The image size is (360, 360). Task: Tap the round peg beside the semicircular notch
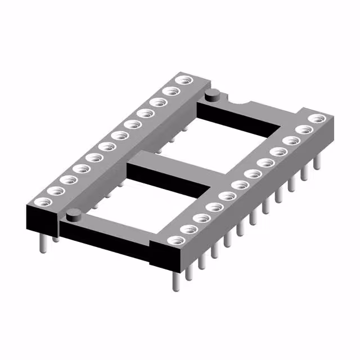212,94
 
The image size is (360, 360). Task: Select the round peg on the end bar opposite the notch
73,214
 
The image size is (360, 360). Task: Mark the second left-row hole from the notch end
169,91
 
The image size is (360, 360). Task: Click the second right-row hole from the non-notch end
188,228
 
